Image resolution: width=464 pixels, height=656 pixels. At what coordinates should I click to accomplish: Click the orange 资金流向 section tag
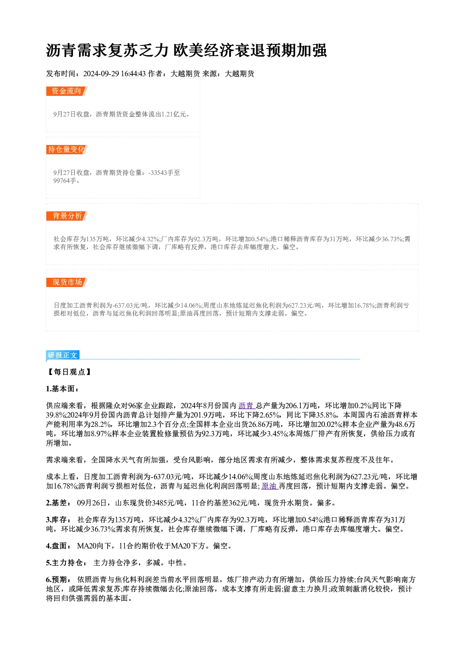click(x=67, y=91)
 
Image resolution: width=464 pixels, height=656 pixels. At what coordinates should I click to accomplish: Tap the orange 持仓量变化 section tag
click(x=67, y=149)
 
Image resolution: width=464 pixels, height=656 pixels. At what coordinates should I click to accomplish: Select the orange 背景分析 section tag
click(x=67, y=216)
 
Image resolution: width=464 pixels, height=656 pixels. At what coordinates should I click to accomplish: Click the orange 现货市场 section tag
click(x=67, y=282)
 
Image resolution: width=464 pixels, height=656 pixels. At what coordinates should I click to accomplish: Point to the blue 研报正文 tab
click(x=63, y=355)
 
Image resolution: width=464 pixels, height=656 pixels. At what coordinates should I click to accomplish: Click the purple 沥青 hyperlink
click(x=246, y=405)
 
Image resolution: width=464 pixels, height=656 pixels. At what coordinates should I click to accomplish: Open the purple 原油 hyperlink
click(x=269, y=486)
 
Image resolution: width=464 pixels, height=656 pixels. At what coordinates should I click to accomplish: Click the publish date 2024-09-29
click(x=101, y=74)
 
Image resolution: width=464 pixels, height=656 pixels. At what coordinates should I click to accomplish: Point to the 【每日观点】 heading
click(x=69, y=372)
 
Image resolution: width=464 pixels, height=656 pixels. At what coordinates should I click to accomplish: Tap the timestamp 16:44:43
click(x=133, y=74)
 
